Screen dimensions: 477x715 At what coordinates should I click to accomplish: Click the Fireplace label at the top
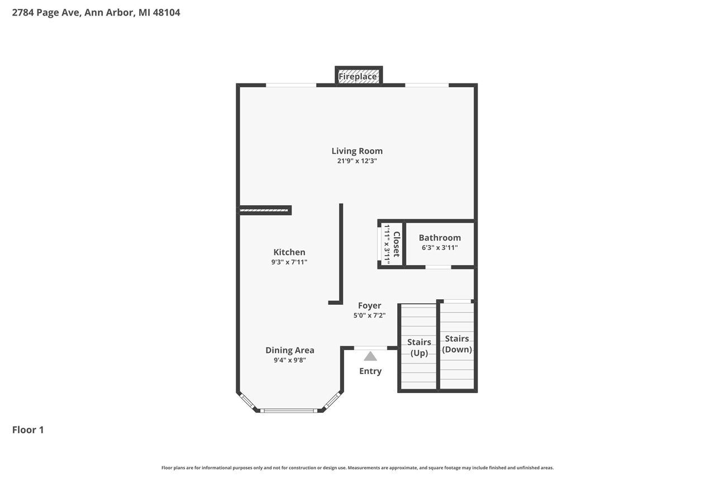click(357, 77)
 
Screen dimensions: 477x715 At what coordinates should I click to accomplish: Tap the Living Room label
click(357, 151)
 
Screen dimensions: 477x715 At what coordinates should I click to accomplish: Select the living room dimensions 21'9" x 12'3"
click(357, 161)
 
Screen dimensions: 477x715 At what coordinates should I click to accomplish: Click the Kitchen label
click(289, 252)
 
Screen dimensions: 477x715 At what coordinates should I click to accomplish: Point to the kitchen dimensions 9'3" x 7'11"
click(289, 262)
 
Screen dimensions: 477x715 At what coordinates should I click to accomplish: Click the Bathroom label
click(440, 238)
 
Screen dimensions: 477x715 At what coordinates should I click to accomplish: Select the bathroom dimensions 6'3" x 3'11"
click(440, 247)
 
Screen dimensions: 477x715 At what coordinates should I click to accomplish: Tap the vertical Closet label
click(397, 244)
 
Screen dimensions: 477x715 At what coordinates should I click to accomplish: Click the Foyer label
click(369, 305)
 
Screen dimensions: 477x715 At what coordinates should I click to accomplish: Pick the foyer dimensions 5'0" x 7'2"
click(369, 315)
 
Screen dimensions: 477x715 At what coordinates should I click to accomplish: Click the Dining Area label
click(289, 350)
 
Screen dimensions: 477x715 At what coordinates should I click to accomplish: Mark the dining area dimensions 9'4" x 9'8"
click(289, 360)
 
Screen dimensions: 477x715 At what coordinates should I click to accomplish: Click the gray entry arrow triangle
click(370, 356)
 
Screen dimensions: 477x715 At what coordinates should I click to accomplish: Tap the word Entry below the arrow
click(370, 371)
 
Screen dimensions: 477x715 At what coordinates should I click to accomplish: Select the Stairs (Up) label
click(419, 347)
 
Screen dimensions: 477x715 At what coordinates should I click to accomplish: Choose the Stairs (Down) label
click(457, 344)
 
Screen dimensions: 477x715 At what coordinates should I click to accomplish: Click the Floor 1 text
click(28, 429)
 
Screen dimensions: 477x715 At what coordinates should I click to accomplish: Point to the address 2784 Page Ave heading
click(96, 12)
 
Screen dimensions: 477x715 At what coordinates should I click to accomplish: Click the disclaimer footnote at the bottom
click(357, 467)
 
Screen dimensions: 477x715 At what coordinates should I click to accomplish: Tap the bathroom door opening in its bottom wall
click(438, 267)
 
